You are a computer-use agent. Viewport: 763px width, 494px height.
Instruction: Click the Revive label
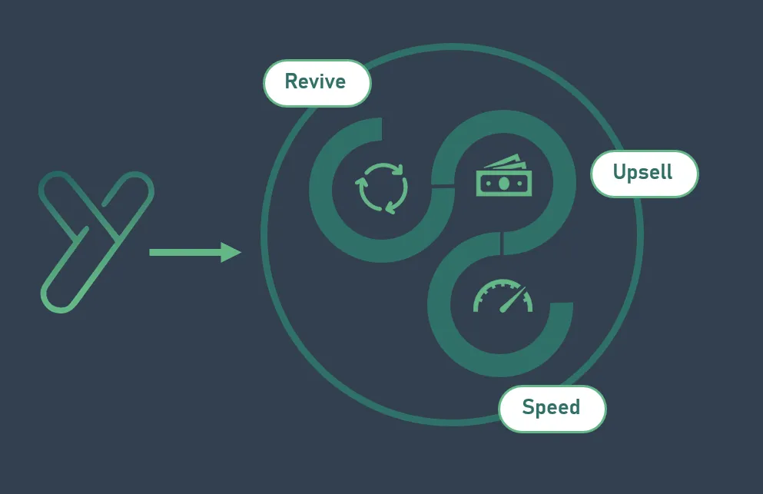[x=317, y=82]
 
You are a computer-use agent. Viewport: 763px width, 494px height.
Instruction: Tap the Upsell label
[x=644, y=173]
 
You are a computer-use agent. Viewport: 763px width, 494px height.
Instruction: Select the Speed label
[x=552, y=408]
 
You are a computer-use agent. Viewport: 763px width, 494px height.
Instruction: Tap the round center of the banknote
[x=503, y=183]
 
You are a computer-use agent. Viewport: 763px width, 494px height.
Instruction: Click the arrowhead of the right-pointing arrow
[x=231, y=252]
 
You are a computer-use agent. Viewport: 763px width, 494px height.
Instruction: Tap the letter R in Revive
[x=291, y=82]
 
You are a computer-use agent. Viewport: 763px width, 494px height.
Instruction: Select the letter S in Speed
[x=528, y=408]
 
